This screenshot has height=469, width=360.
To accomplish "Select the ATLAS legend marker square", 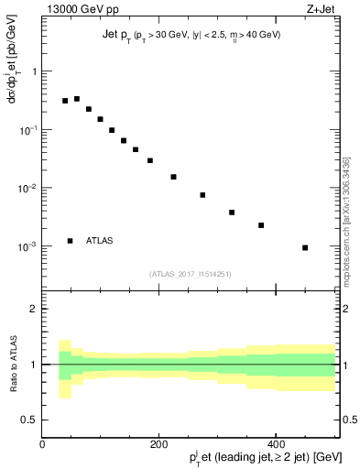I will click(70, 241).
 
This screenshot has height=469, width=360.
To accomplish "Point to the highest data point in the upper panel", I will click(77, 99).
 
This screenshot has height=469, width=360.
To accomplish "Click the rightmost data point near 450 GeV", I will click(305, 247).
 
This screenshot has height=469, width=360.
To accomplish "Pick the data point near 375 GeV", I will click(261, 225).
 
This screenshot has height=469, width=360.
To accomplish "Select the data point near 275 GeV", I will click(202, 195).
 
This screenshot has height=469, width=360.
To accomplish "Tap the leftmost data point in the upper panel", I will click(65, 101).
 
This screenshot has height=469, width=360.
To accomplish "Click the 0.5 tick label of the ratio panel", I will click(29, 420).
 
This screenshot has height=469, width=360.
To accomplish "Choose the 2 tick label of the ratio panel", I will click(33, 309).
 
